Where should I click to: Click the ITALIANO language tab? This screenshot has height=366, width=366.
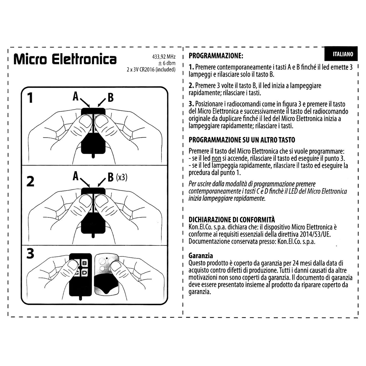tap(343, 54)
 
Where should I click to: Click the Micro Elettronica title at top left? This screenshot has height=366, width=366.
tap(65, 59)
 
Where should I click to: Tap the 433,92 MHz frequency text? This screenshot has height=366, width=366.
tap(164, 57)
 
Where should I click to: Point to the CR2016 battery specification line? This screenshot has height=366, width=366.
tap(151, 69)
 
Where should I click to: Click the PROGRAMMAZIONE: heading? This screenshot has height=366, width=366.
tap(216, 56)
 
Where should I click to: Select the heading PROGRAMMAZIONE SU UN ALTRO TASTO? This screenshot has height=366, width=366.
tap(242, 140)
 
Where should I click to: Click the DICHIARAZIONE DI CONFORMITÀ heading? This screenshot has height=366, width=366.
tap(232, 219)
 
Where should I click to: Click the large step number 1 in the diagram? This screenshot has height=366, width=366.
tap(30, 98)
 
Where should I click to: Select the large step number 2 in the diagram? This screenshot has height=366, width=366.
tap(30, 182)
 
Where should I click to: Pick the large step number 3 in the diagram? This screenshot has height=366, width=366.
tap(30, 254)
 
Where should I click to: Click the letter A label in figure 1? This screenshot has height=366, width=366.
tap(75, 96)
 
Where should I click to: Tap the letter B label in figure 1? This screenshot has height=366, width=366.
tap(110, 98)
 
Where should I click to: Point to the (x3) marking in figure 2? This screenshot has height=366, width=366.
tap(122, 177)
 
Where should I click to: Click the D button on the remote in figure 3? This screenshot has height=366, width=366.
tap(84, 273)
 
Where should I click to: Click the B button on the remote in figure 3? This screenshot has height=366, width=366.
tap(84, 263)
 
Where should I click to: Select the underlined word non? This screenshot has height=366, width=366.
tap(216, 159)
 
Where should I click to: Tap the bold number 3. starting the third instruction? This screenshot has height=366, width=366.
tap(191, 104)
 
